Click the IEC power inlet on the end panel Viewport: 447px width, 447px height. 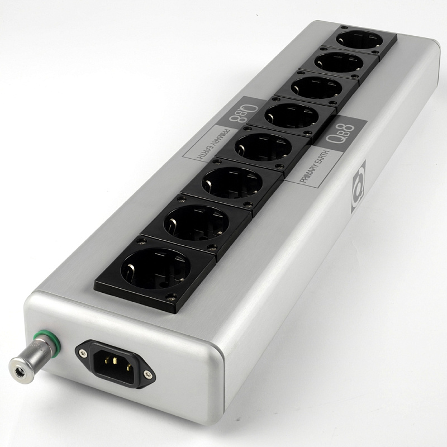pyautogui.click(x=116, y=362)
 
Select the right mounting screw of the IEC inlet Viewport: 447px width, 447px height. pyautogui.click(x=148, y=374)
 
